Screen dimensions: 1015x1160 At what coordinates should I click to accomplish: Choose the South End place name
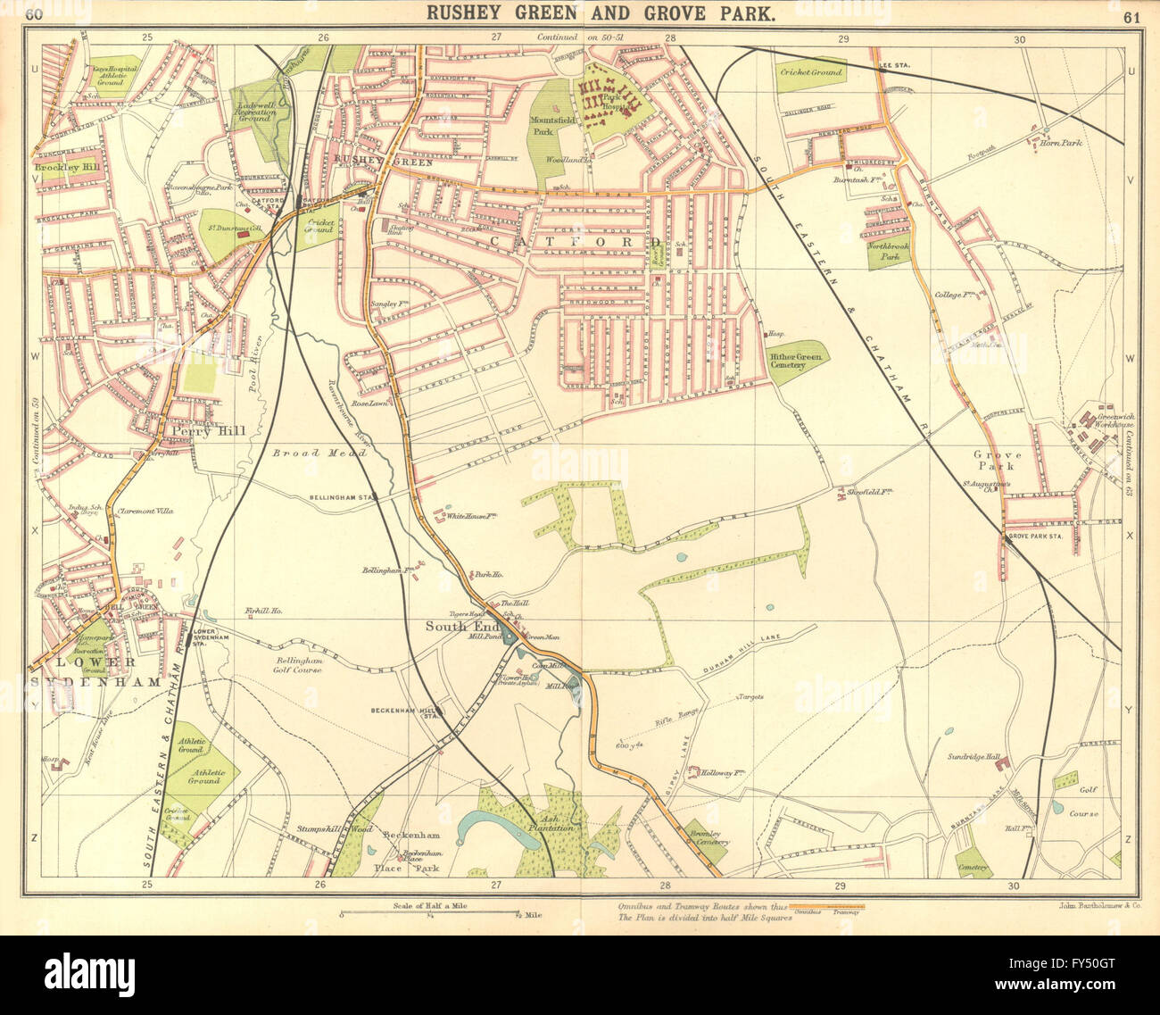454,624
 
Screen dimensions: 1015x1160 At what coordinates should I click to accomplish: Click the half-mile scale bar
430,914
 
